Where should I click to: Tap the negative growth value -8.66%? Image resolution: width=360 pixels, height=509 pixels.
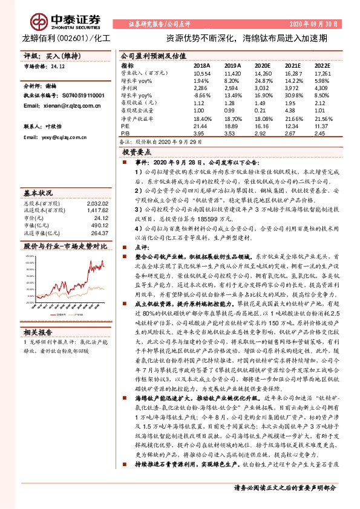tap(202, 96)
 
